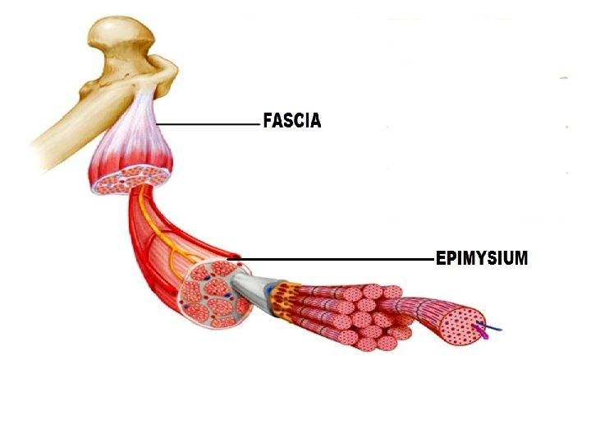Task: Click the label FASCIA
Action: coord(291,122)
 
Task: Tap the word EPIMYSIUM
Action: coord(481,259)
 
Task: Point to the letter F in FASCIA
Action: coord(268,122)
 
